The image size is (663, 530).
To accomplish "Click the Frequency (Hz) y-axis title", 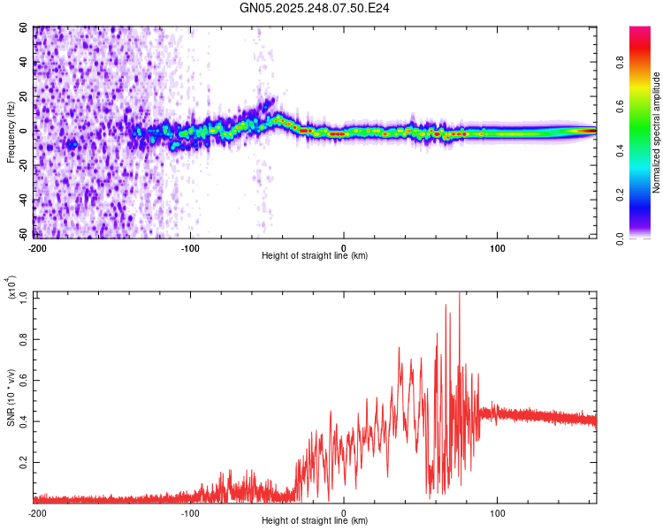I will point(11,132).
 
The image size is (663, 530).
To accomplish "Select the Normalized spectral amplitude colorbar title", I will point(657,132).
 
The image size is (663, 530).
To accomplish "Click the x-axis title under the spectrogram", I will point(315,256).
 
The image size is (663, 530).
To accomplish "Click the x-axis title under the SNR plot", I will point(315,521).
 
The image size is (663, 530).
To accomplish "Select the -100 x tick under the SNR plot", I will point(190,512).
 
